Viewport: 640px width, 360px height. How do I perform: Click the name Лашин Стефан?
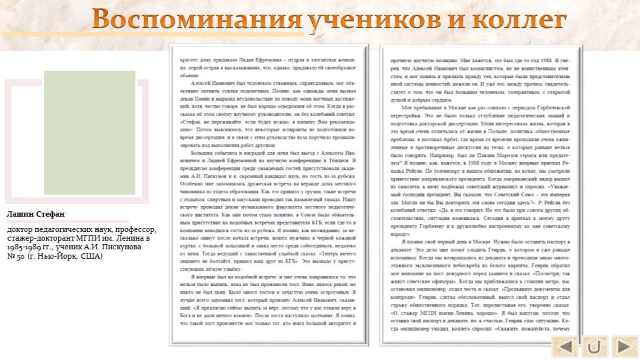click(36, 214)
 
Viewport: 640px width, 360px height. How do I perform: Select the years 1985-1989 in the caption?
click(27, 247)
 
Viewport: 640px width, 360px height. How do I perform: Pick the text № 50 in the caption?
click(15, 255)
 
